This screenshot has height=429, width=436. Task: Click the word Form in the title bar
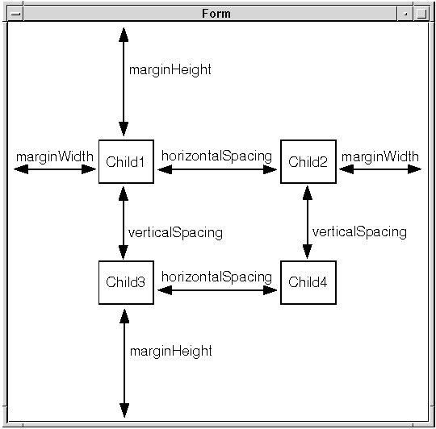[216, 14]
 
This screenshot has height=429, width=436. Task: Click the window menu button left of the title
[15, 14]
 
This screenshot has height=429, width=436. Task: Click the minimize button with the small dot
[405, 14]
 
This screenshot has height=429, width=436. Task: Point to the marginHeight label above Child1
[170, 69]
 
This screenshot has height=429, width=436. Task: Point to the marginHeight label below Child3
[170, 351]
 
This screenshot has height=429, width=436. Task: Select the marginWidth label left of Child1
[55, 156]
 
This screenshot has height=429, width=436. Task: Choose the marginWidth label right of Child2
[379, 156]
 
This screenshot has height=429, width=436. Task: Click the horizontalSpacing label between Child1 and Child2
[216, 156]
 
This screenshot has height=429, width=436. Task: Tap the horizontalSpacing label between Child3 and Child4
[216, 277]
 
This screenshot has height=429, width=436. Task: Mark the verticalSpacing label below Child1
[175, 232]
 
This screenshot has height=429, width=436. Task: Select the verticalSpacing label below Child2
[359, 231]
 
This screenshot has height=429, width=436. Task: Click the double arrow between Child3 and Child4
[217, 290]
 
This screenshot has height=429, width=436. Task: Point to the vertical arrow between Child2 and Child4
[308, 222]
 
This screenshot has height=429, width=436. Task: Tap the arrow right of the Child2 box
[380, 169]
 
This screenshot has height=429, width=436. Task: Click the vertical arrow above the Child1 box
[124, 82]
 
